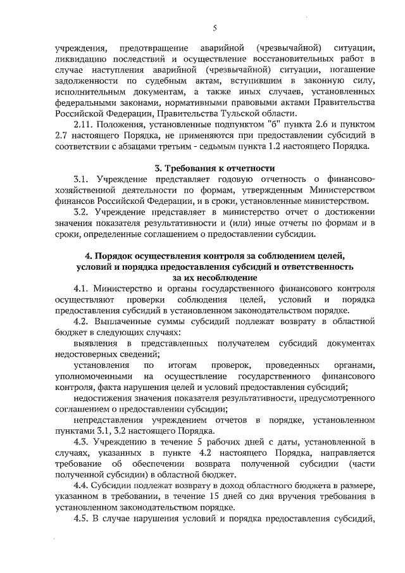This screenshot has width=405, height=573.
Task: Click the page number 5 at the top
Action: click(x=215, y=28)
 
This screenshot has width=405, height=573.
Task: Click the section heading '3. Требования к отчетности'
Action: click(x=215, y=168)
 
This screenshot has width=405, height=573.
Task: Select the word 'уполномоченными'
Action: click(x=90, y=377)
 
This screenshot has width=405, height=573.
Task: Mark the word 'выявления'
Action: click(x=95, y=343)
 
